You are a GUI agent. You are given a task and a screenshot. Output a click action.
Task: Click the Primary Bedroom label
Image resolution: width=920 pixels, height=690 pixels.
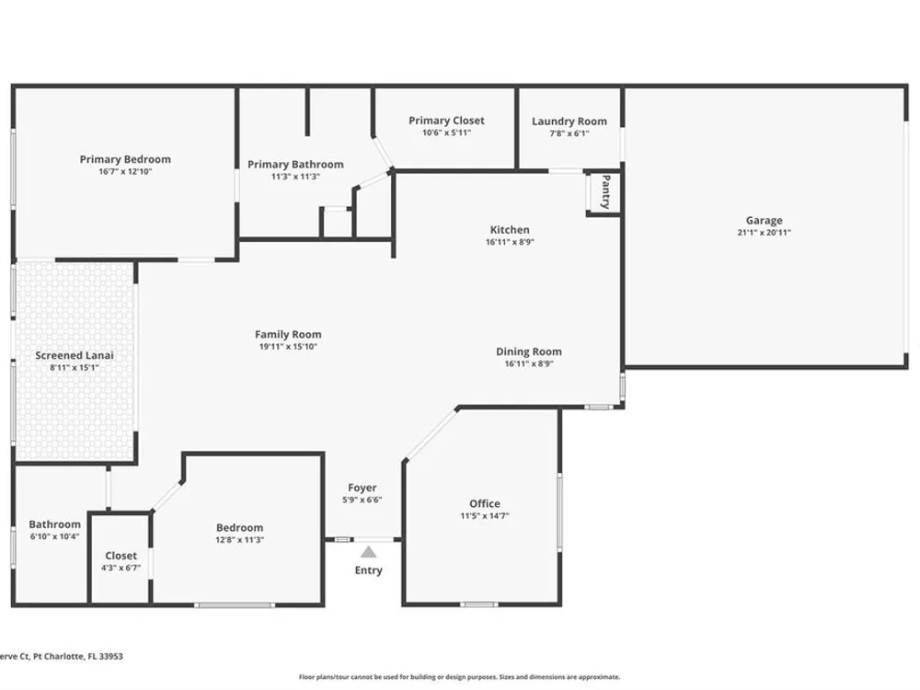[125, 159]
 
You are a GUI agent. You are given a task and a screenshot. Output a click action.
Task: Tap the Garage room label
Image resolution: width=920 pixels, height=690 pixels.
[764, 221]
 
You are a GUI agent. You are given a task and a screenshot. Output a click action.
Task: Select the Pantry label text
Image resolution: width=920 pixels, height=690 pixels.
[606, 192]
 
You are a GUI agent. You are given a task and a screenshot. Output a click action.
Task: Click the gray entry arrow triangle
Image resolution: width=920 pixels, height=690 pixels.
[368, 551]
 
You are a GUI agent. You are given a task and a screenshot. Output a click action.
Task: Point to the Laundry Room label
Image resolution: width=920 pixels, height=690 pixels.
[569, 121]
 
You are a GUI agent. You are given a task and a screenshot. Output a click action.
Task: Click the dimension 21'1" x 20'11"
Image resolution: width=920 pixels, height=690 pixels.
[764, 233]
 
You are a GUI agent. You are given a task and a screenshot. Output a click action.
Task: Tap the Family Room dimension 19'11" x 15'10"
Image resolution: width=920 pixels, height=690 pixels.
[288, 347]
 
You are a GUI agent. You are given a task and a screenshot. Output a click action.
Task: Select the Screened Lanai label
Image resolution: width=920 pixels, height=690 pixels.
[75, 355]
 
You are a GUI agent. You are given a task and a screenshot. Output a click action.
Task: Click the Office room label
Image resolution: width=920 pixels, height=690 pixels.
[485, 503]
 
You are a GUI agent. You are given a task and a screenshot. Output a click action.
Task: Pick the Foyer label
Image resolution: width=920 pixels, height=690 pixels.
[362, 489]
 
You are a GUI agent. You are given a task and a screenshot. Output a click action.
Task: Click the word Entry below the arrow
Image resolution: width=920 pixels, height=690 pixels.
[369, 570]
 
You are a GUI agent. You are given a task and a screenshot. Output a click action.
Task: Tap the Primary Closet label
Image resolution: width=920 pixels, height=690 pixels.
[446, 121]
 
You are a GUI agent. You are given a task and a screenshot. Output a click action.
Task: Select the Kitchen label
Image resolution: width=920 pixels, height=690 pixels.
[510, 230]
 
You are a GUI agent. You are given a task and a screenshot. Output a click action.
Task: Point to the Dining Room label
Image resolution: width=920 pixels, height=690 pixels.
[529, 352]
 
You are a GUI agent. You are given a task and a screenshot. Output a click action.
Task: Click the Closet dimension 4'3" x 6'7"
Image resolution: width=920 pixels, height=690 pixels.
[121, 568]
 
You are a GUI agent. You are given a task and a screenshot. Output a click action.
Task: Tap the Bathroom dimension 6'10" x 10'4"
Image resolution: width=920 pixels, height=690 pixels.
[54, 536]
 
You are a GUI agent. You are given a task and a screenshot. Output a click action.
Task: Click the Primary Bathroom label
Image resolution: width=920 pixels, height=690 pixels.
[295, 165]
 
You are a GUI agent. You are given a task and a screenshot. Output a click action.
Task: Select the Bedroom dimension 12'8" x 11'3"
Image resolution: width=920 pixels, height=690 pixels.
[239, 540]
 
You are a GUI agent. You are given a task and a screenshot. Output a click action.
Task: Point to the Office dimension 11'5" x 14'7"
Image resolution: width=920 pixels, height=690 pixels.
[485, 516]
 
